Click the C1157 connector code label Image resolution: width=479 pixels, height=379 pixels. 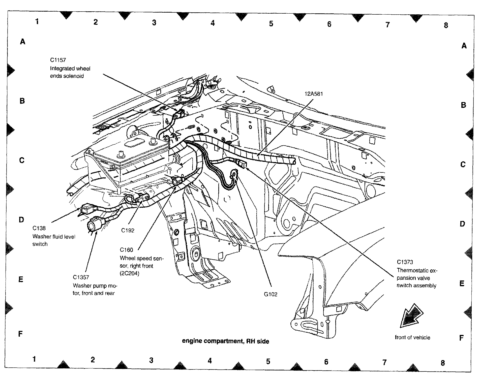coord(58,60)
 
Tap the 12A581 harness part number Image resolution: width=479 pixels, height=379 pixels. coord(314,94)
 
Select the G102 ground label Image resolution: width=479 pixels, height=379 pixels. coord(271,294)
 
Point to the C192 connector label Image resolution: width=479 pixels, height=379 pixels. coord(128,230)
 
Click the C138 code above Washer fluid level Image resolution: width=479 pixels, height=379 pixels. coord(39,228)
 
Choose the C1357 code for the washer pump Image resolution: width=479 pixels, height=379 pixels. coord(81,277)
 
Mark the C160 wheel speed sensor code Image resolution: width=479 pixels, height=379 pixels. coord(126,250)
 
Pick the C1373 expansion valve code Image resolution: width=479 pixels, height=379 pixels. coord(405,262)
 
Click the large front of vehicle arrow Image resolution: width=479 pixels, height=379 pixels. coord(411,316)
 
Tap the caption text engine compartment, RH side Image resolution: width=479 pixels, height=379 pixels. coord(225,341)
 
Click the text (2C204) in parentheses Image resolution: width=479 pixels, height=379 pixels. coord(130,273)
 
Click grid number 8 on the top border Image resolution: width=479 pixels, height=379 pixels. coord(446,25)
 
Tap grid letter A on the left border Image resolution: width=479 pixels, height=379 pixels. coord(23,42)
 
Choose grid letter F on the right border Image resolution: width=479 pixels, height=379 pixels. coord(461,338)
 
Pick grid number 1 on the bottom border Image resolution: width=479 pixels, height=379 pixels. coord(34,359)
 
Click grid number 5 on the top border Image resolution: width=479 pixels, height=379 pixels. coord(271,24)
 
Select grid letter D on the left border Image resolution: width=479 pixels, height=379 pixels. coord(21,220)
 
